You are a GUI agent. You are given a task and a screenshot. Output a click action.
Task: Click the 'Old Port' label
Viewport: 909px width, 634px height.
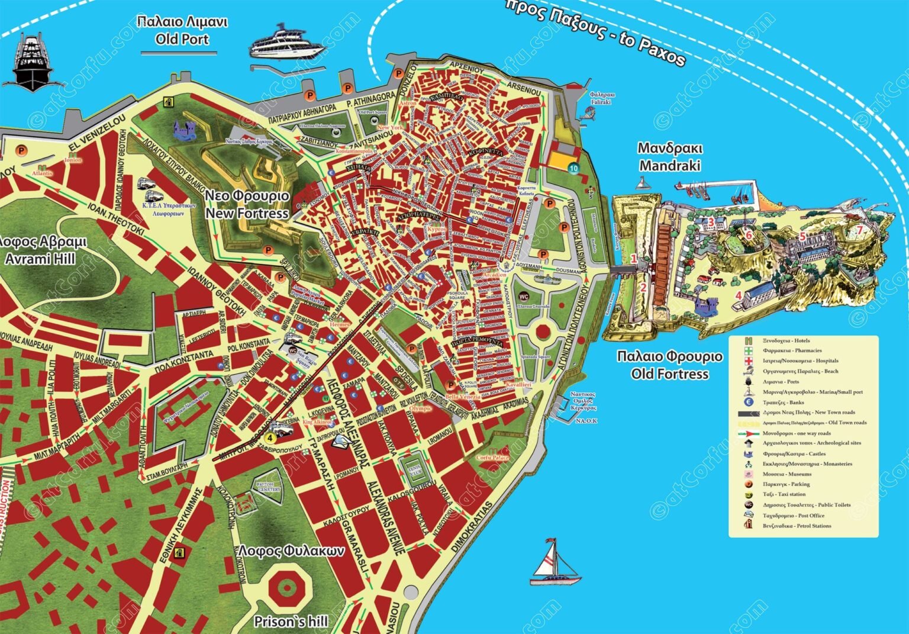tap(182, 39)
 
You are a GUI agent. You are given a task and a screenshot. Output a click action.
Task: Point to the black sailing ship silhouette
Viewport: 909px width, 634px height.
tap(31, 62)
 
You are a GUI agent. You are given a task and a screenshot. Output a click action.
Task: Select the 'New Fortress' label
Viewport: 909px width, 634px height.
tap(247, 213)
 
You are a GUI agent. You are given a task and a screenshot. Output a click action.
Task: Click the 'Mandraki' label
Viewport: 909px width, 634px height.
tap(669, 165)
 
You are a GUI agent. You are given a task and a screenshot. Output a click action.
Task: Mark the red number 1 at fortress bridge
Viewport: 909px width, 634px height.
tap(634, 259)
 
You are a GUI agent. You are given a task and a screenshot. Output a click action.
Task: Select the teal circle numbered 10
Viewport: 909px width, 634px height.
tap(573, 168)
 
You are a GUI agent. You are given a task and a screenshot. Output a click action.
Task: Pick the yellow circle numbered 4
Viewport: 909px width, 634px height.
tap(270, 437)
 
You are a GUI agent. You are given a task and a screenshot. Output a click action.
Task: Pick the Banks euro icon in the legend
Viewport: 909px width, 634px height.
tap(749, 403)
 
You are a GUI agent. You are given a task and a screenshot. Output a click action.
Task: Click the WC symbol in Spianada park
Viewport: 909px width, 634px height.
tap(523, 296)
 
